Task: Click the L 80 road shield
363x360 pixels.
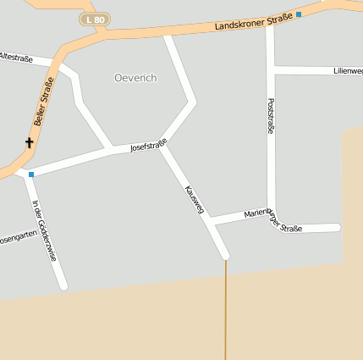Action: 95,19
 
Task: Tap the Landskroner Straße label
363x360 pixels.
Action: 253,21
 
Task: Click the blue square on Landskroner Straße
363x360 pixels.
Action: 299,14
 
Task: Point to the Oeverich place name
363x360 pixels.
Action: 135,77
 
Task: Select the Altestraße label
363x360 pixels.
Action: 15,58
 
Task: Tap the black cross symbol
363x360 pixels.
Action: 29,143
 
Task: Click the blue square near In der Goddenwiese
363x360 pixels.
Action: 31,174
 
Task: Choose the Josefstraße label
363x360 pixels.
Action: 148,147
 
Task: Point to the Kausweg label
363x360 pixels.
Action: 194,199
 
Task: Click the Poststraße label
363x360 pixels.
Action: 271,116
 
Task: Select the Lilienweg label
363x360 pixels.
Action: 348,71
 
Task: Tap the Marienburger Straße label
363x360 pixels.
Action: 272,220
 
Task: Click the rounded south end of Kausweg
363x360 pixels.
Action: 225,254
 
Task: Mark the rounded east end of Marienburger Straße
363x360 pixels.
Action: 336,227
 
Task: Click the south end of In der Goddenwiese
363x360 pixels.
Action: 63,286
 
